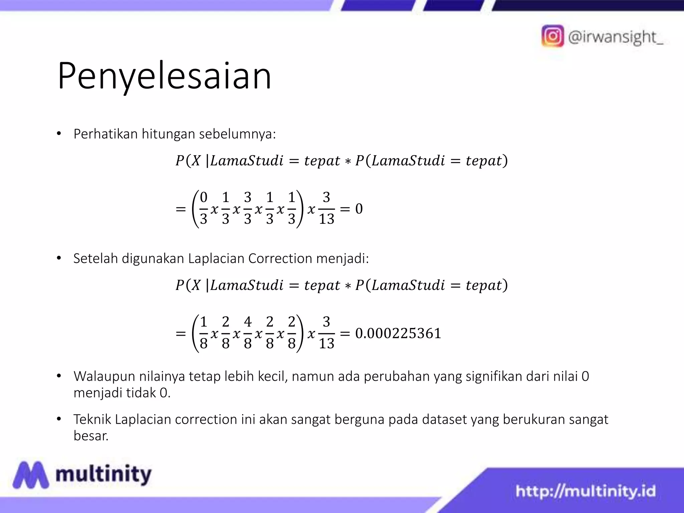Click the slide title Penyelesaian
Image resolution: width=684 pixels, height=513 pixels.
click(x=164, y=76)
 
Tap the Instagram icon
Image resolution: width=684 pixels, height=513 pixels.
click(x=552, y=36)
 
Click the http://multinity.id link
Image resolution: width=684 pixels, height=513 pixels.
click(x=585, y=491)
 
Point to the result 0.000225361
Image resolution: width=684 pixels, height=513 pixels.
click(x=398, y=333)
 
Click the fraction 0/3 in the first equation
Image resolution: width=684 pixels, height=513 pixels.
click(x=203, y=208)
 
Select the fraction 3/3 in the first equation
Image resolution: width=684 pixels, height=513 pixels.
click(x=247, y=208)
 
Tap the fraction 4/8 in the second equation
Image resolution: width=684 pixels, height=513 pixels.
click(x=247, y=333)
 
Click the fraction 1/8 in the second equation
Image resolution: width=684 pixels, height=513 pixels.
click(x=203, y=333)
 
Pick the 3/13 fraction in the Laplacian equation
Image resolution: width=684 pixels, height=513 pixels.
click(x=326, y=333)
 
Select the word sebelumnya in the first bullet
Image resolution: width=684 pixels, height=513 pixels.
click(x=237, y=134)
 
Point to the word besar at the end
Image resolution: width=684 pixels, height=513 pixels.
click(x=91, y=436)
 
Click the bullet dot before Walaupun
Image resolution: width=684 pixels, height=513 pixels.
click(x=59, y=376)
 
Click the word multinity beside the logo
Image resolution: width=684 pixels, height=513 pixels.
click(x=104, y=475)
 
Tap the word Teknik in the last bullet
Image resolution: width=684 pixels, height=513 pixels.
click(x=92, y=419)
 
